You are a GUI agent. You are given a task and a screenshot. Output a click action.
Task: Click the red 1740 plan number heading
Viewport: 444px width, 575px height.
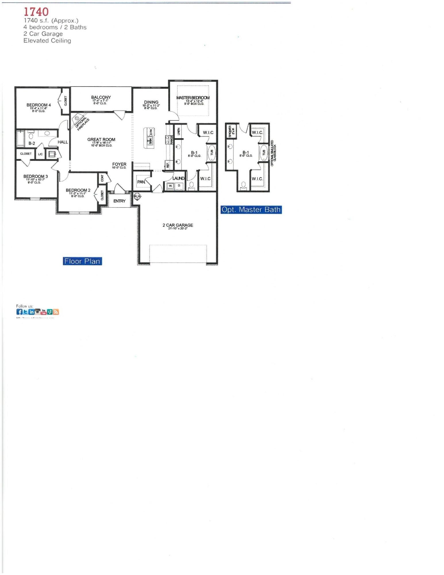36,12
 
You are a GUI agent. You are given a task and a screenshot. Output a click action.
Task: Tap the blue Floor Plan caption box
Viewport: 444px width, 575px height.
82,261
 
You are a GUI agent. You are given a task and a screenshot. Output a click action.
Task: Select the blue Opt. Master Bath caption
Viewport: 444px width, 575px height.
251,210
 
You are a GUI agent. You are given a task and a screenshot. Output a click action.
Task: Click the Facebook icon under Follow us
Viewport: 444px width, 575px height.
19,312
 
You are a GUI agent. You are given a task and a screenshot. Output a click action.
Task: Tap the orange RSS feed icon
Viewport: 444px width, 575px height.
56,312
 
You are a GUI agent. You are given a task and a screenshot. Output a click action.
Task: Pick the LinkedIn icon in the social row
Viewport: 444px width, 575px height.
31,312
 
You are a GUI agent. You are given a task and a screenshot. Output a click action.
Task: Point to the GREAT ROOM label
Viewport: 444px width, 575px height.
101,139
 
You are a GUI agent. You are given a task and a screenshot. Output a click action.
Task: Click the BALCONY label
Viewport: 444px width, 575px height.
101,97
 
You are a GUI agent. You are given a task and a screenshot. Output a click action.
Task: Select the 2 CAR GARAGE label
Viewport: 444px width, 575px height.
178,225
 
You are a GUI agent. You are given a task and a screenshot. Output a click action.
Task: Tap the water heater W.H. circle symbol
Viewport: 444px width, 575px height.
137,196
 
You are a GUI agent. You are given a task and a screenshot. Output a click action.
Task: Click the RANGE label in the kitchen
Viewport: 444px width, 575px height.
172,140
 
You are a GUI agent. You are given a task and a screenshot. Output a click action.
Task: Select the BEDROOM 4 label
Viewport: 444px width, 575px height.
39,105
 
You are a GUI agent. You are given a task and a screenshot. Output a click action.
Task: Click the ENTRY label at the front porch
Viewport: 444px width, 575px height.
119,201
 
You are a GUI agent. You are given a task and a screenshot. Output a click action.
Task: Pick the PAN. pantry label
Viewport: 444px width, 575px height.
141,182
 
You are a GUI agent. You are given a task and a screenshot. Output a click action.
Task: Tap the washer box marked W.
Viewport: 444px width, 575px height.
170,186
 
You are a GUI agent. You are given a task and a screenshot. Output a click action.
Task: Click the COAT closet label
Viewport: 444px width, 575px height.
102,178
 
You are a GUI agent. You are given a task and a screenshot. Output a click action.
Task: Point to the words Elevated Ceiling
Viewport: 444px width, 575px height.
47,41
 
